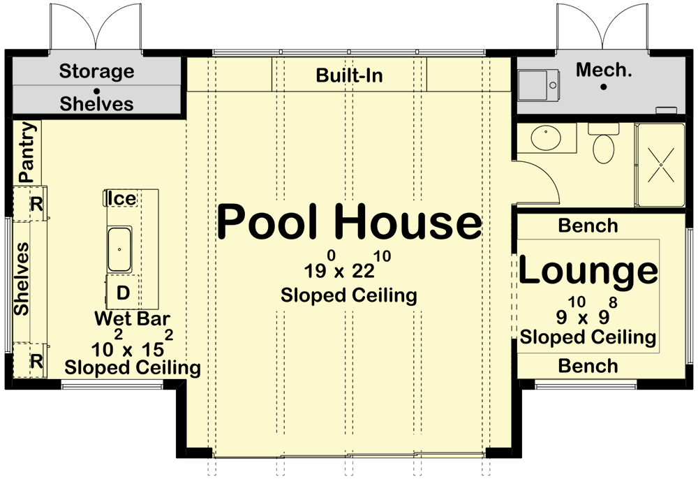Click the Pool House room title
click(350, 222)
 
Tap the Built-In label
click(350, 75)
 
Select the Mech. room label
click(604, 70)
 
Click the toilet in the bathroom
click(604, 142)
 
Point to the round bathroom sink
click(547, 138)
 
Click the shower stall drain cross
click(661, 165)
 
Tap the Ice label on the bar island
click(122, 198)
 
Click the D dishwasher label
click(123, 293)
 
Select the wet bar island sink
click(119, 249)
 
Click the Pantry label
click(27, 152)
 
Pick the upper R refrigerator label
click(36, 205)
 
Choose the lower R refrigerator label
click(36, 361)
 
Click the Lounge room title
click(588, 270)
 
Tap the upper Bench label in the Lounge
click(588, 226)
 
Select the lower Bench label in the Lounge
click(588, 366)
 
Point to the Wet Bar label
click(132, 318)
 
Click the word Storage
click(96, 71)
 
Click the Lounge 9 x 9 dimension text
click(587, 311)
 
